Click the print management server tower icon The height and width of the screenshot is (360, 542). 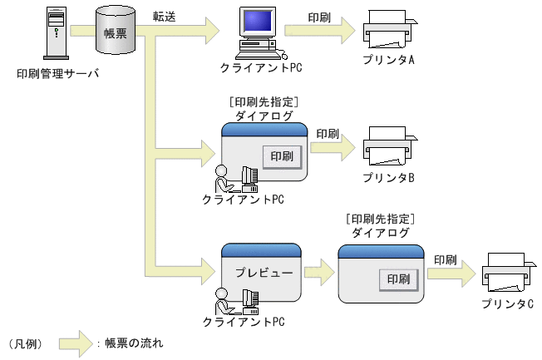click(x=54, y=34)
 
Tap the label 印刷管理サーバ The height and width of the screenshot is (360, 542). click(x=57, y=73)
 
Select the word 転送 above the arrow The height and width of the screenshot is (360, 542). click(x=164, y=17)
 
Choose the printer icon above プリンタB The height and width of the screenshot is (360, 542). click(x=388, y=149)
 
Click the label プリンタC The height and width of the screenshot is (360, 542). click(x=508, y=303)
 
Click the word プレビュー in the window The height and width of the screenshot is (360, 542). click(x=260, y=273)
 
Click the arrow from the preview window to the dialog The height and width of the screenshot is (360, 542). click(x=318, y=272)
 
